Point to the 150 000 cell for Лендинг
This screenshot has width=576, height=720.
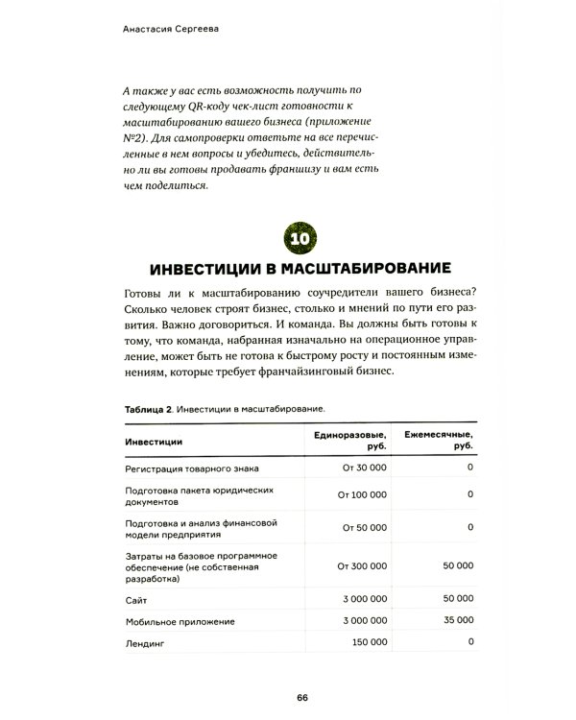point(365,643)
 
